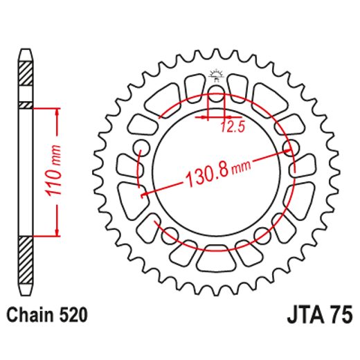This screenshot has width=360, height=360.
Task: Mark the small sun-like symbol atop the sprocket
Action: [x=216, y=74]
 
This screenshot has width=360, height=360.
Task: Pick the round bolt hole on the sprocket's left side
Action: [x=142, y=146]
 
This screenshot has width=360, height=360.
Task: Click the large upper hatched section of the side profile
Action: [x=25, y=72]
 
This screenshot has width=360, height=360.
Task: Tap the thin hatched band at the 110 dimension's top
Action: [x=25, y=105]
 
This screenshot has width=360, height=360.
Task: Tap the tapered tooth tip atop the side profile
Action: [x=25, y=55]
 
